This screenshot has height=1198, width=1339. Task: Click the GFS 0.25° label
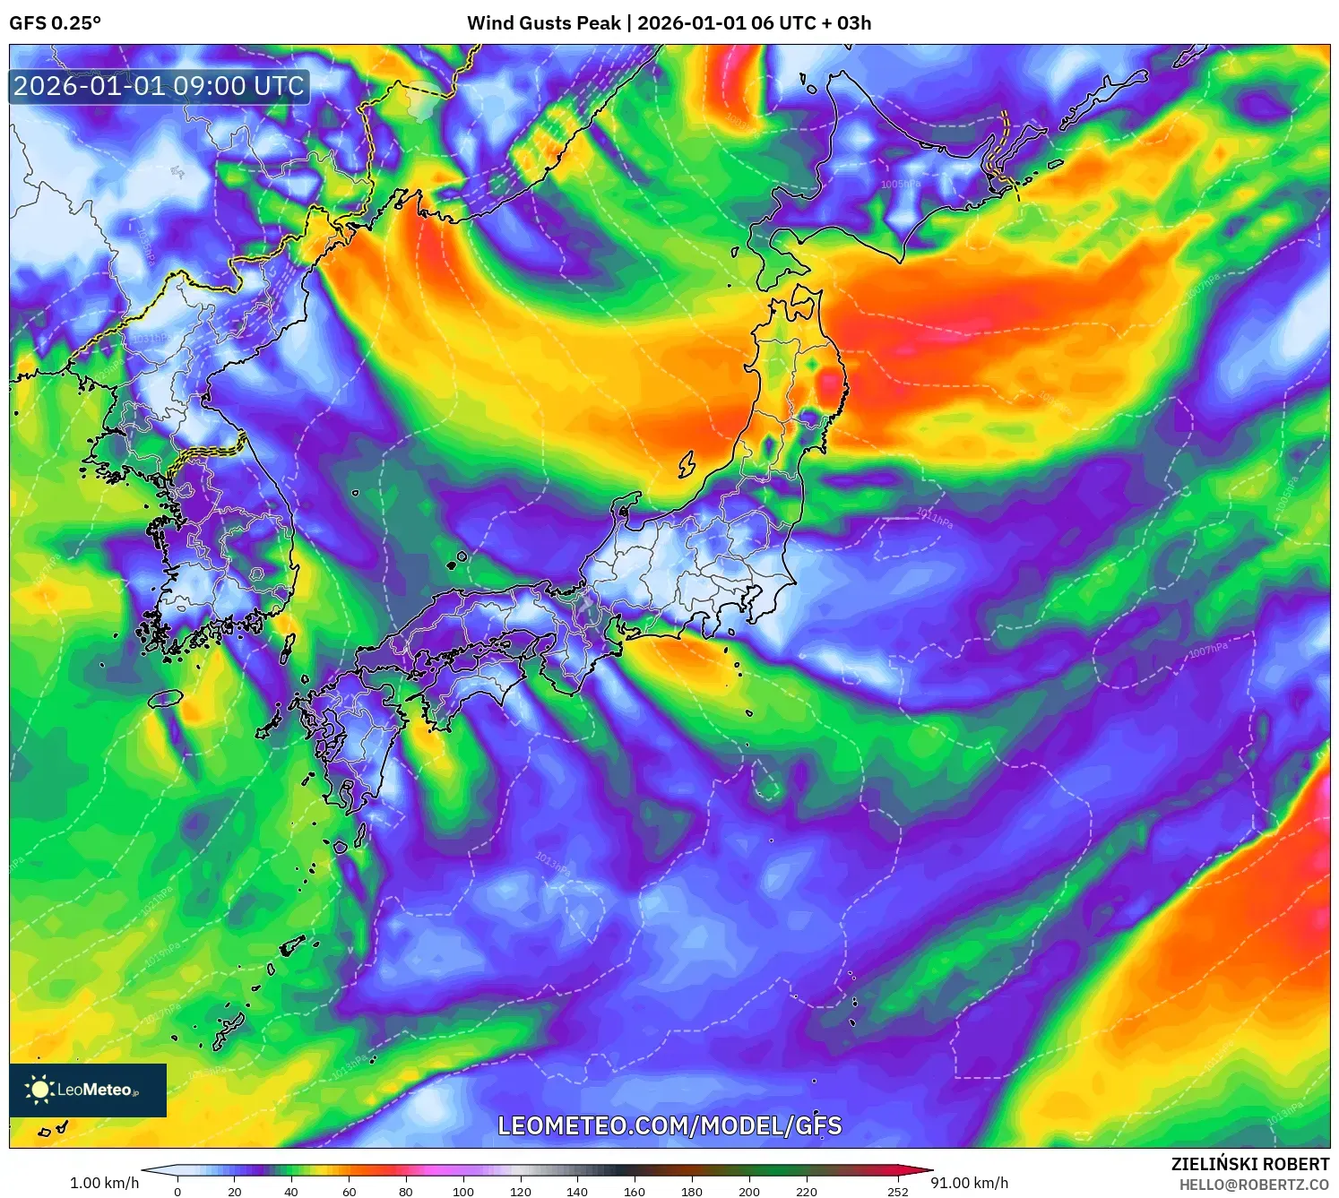click(x=55, y=23)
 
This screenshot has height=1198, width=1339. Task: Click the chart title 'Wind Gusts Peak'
click(x=543, y=23)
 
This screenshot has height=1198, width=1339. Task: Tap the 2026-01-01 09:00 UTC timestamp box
click(x=159, y=86)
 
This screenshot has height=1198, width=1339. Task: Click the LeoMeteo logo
click(x=88, y=1090)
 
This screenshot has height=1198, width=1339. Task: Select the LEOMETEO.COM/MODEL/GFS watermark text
click(x=669, y=1125)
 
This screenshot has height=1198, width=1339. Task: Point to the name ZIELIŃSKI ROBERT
click(x=1249, y=1164)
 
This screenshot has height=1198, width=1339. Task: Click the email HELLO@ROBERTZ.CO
click(x=1254, y=1185)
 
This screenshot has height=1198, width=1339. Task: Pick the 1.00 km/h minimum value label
click(x=104, y=1183)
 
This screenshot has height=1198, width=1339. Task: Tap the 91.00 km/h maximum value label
click(x=969, y=1183)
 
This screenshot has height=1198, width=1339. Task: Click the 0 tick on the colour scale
click(x=177, y=1192)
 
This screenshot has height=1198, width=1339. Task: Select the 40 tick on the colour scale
click(x=291, y=1192)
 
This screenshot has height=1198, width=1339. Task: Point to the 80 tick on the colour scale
click(x=406, y=1192)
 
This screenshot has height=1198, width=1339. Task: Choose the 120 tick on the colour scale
click(x=520, y=1192)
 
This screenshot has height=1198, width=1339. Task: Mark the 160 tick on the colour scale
click(x=635, y=1192)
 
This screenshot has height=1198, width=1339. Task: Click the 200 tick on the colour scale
click(x=748, y=1192)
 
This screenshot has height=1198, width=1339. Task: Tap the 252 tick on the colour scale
click(x=897, y=1192)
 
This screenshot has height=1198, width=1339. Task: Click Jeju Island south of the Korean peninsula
click(x=165, y=697)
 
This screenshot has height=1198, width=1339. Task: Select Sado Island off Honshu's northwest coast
click(x=687, y=464)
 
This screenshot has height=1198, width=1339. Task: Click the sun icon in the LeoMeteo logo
click(x=39, y=1090)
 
